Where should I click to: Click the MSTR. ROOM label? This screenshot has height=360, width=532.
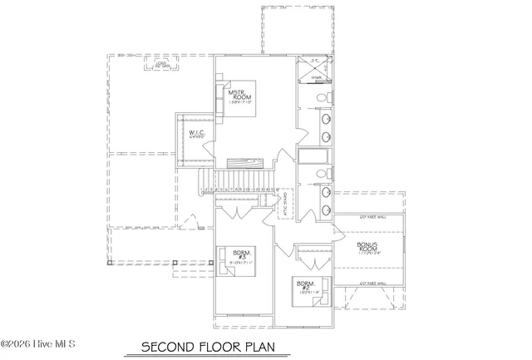coord(248,94)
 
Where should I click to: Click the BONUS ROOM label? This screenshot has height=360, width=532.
coord(367,247)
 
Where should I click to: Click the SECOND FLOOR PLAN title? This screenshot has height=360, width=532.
coord(206,345)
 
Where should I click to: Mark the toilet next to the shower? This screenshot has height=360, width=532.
coord(328,99)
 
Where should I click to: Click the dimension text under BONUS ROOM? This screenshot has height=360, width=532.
coord(367,254)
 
